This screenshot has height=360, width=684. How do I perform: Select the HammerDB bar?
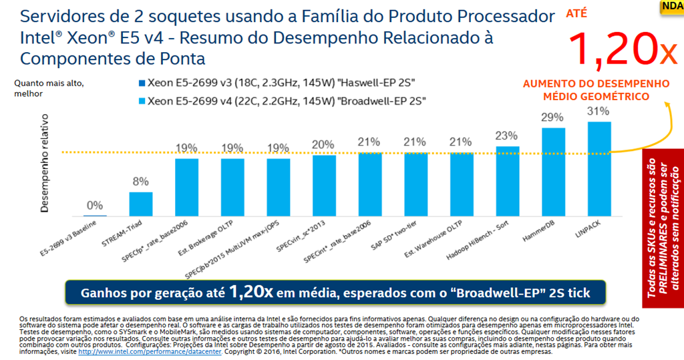coord(553,172)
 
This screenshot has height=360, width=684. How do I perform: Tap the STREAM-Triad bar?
coord(141,204)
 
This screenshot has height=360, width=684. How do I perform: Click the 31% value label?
coord(598,112)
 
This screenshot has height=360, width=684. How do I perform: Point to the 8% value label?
coord(141,182)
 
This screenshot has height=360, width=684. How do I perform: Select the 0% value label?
coord(95,205)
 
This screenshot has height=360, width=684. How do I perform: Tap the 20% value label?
coord(324,145)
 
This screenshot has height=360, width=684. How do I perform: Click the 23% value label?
coord(508,136)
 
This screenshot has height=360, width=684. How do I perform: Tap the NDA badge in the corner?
coord(671,7)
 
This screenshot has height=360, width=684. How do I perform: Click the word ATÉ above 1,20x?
coord(578,13)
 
